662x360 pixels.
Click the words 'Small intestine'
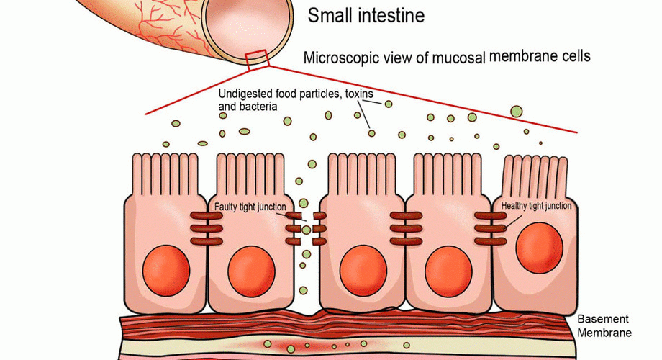[x=366, y=14]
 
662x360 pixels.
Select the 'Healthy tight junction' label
[x=536, y=206]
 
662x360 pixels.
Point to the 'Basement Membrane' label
[x=604, y=325]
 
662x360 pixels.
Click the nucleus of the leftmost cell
[x=166, y=269]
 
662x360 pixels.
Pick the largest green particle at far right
[x=516, y=111]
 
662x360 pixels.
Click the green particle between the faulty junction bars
[x=307, y=230]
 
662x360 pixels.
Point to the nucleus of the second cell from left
[x=251, y=269]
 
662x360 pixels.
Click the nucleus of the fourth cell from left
[x=448, y=269]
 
